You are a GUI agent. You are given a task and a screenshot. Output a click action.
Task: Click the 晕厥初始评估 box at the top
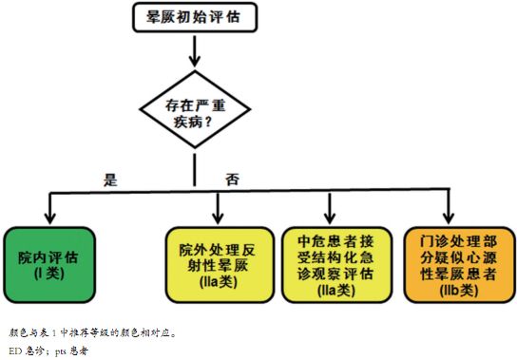click(x=193, y=16)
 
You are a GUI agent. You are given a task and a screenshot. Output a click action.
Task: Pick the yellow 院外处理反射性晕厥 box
click(x=218, y=263)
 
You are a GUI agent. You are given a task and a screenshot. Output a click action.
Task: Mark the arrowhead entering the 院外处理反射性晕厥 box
click(x=218, y=218)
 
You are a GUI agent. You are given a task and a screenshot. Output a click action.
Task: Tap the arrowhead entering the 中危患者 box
click(x=331, y=218)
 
